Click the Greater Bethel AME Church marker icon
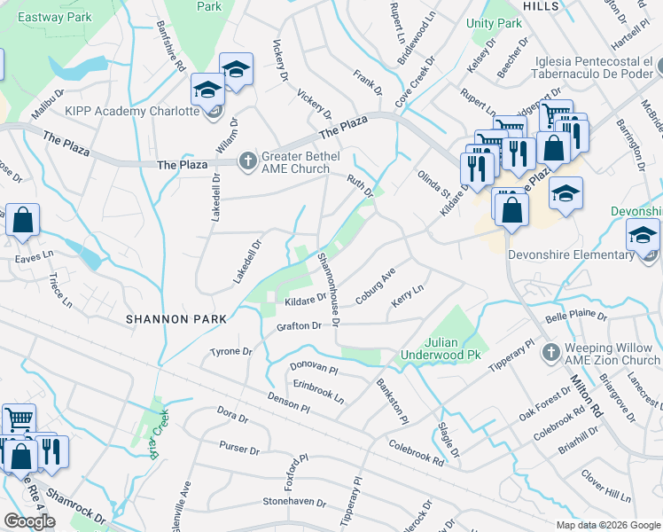[249, 160]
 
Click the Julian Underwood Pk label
[452, 348]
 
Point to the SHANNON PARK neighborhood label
[175, 317]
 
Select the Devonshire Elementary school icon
[643, 237]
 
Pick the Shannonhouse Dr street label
[327, 288]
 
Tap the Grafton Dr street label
[299, 326]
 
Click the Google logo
[29, 521]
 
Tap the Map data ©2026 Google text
[608, 524]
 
